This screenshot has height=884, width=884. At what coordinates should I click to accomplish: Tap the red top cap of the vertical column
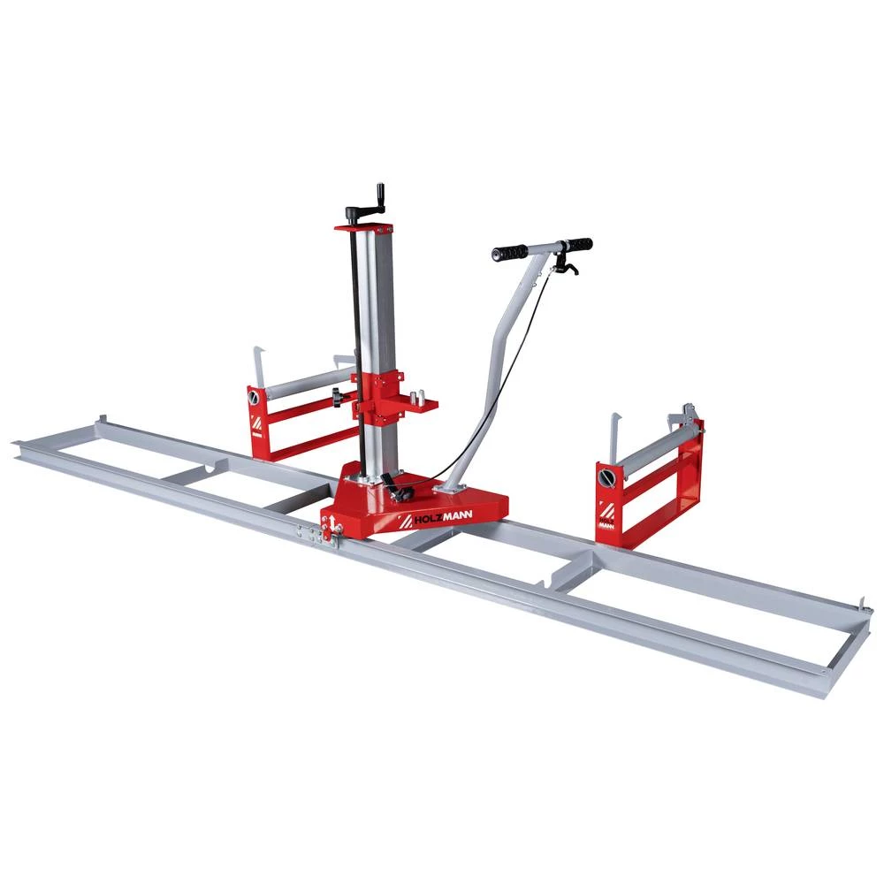(x=364, y=226)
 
